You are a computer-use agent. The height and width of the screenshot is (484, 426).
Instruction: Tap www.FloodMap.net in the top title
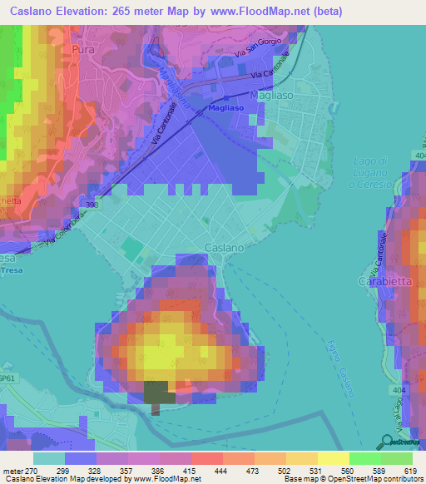click(x=269, y=12)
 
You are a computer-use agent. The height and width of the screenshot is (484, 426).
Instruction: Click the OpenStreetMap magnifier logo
click(x=387, y=441)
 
